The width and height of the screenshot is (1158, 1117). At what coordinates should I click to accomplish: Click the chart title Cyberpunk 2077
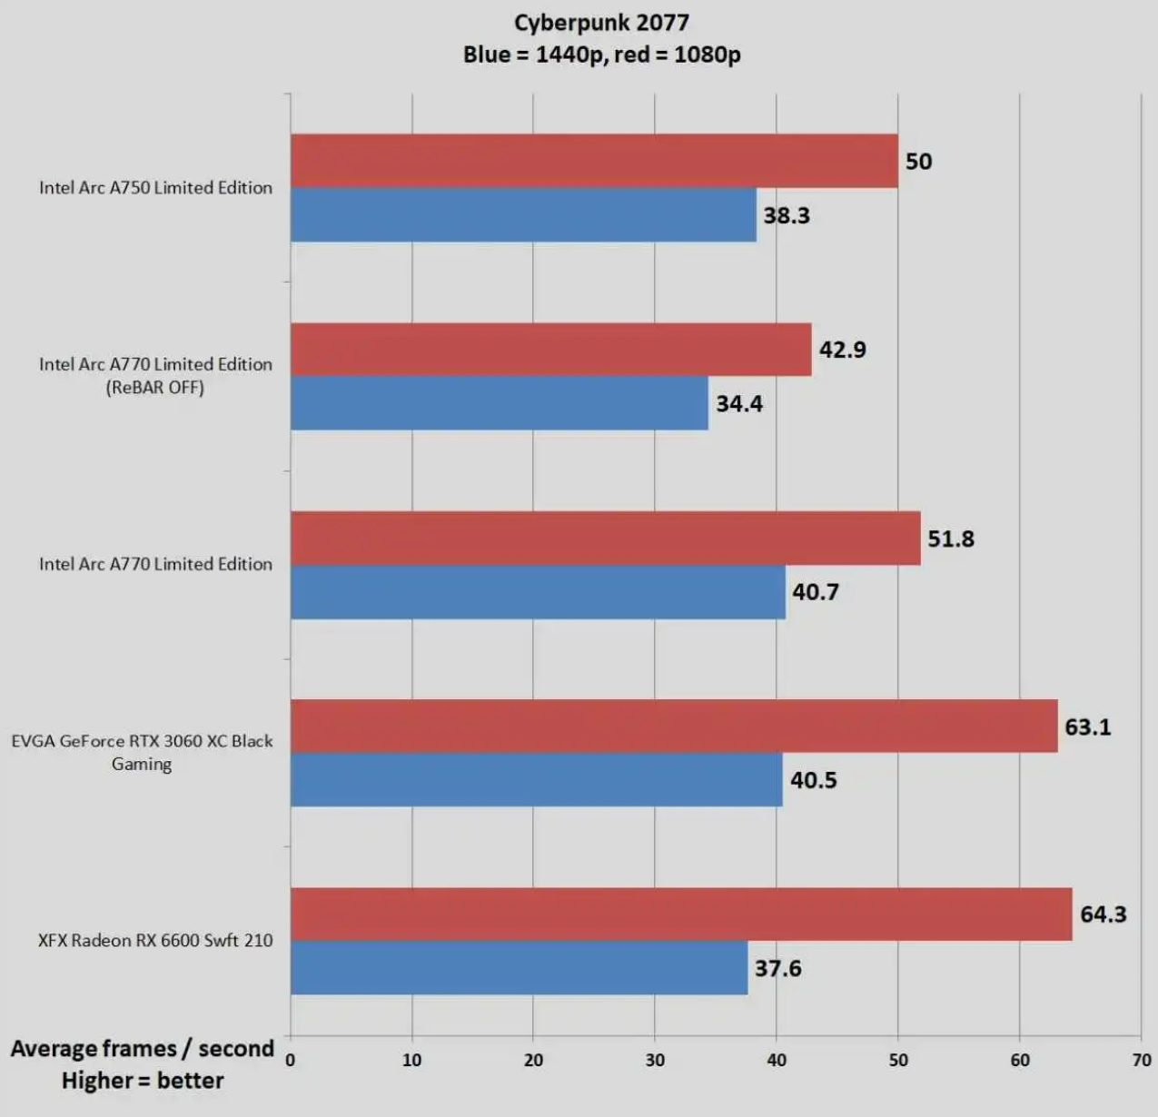click(601, 23)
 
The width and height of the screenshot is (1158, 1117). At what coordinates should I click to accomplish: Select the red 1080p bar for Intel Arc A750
click(594, 162)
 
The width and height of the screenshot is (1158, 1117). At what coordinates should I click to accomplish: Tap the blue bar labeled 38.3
click(523, 215)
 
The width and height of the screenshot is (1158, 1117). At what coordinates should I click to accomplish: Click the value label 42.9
click(842, 350)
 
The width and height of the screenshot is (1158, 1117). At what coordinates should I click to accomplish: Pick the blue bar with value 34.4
click(499, 403)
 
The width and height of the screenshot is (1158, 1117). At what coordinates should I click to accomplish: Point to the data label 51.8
click(950, 539)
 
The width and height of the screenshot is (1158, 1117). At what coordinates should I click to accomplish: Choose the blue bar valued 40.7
click(538, 592)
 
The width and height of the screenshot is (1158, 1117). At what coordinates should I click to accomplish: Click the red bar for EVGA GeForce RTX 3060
click(674, 727)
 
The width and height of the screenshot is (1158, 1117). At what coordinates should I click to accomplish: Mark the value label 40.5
click(813, 780)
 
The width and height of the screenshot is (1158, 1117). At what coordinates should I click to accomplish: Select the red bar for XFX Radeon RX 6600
click(681, 914)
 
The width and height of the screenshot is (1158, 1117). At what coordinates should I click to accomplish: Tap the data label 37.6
click(777, 968)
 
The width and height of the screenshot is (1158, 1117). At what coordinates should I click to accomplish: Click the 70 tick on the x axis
click(1142, 1060)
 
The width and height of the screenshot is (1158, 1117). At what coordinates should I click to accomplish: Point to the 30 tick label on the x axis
click(655, 1060)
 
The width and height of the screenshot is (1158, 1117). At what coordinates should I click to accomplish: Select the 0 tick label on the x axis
click(290, 1060)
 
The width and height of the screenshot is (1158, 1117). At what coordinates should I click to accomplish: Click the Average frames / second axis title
click(142, 1049)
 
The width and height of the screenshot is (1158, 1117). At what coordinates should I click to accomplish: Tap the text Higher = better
click(143, 1081)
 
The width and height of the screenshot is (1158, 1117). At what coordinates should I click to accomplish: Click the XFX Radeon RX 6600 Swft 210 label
click(155, 940)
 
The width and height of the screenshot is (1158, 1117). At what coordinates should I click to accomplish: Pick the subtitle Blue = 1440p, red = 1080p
click(601, 54)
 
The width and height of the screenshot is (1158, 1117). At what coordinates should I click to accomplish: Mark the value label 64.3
click(1103, 914)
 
